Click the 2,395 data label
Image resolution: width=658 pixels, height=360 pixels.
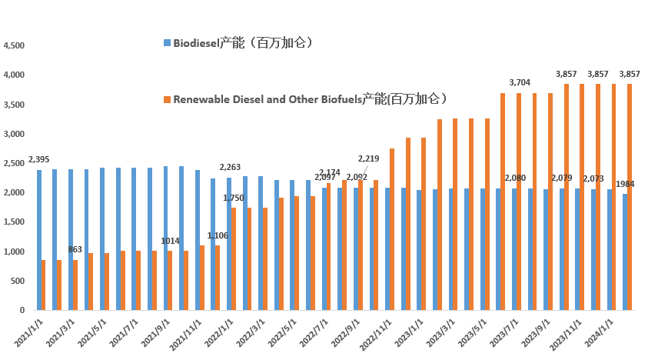[38, 159]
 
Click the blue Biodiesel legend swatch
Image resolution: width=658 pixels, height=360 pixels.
[167, 42]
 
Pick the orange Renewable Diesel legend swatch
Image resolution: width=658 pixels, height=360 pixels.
[167, 99]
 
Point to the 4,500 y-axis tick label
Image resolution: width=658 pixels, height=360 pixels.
[15, 46]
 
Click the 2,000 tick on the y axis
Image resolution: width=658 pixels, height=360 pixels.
[15, 193]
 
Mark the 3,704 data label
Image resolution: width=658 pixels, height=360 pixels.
[521, 82]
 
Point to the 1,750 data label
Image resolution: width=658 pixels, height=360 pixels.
[234, 198]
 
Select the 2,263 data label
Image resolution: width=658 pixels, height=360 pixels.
[230, 167]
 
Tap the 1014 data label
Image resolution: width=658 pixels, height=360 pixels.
[170, 241]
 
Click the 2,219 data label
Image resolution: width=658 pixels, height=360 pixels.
[369, 158]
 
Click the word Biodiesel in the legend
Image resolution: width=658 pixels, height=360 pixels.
[196, 42]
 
